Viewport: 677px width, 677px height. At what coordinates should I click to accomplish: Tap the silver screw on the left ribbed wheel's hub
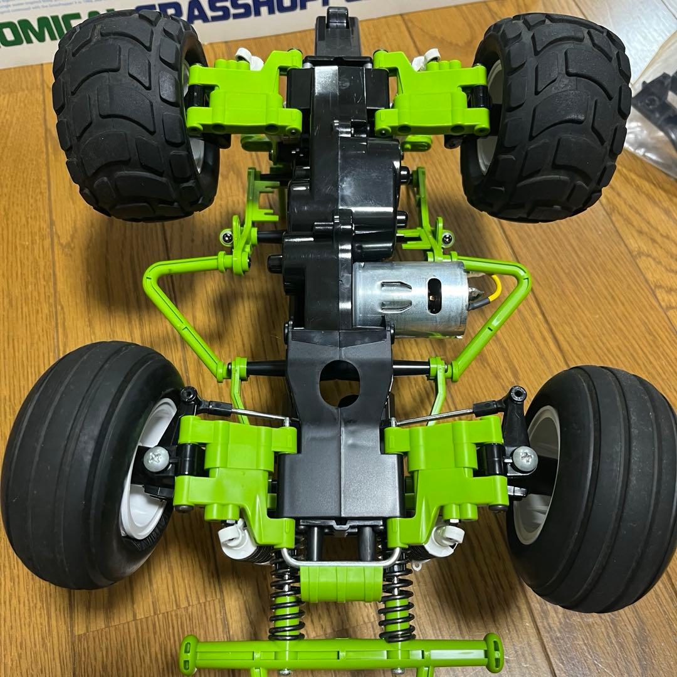coord(155,459)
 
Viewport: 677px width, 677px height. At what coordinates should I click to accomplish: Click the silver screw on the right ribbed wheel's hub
coord(525,459)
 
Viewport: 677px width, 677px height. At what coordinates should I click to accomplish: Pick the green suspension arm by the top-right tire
coord(433,94)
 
